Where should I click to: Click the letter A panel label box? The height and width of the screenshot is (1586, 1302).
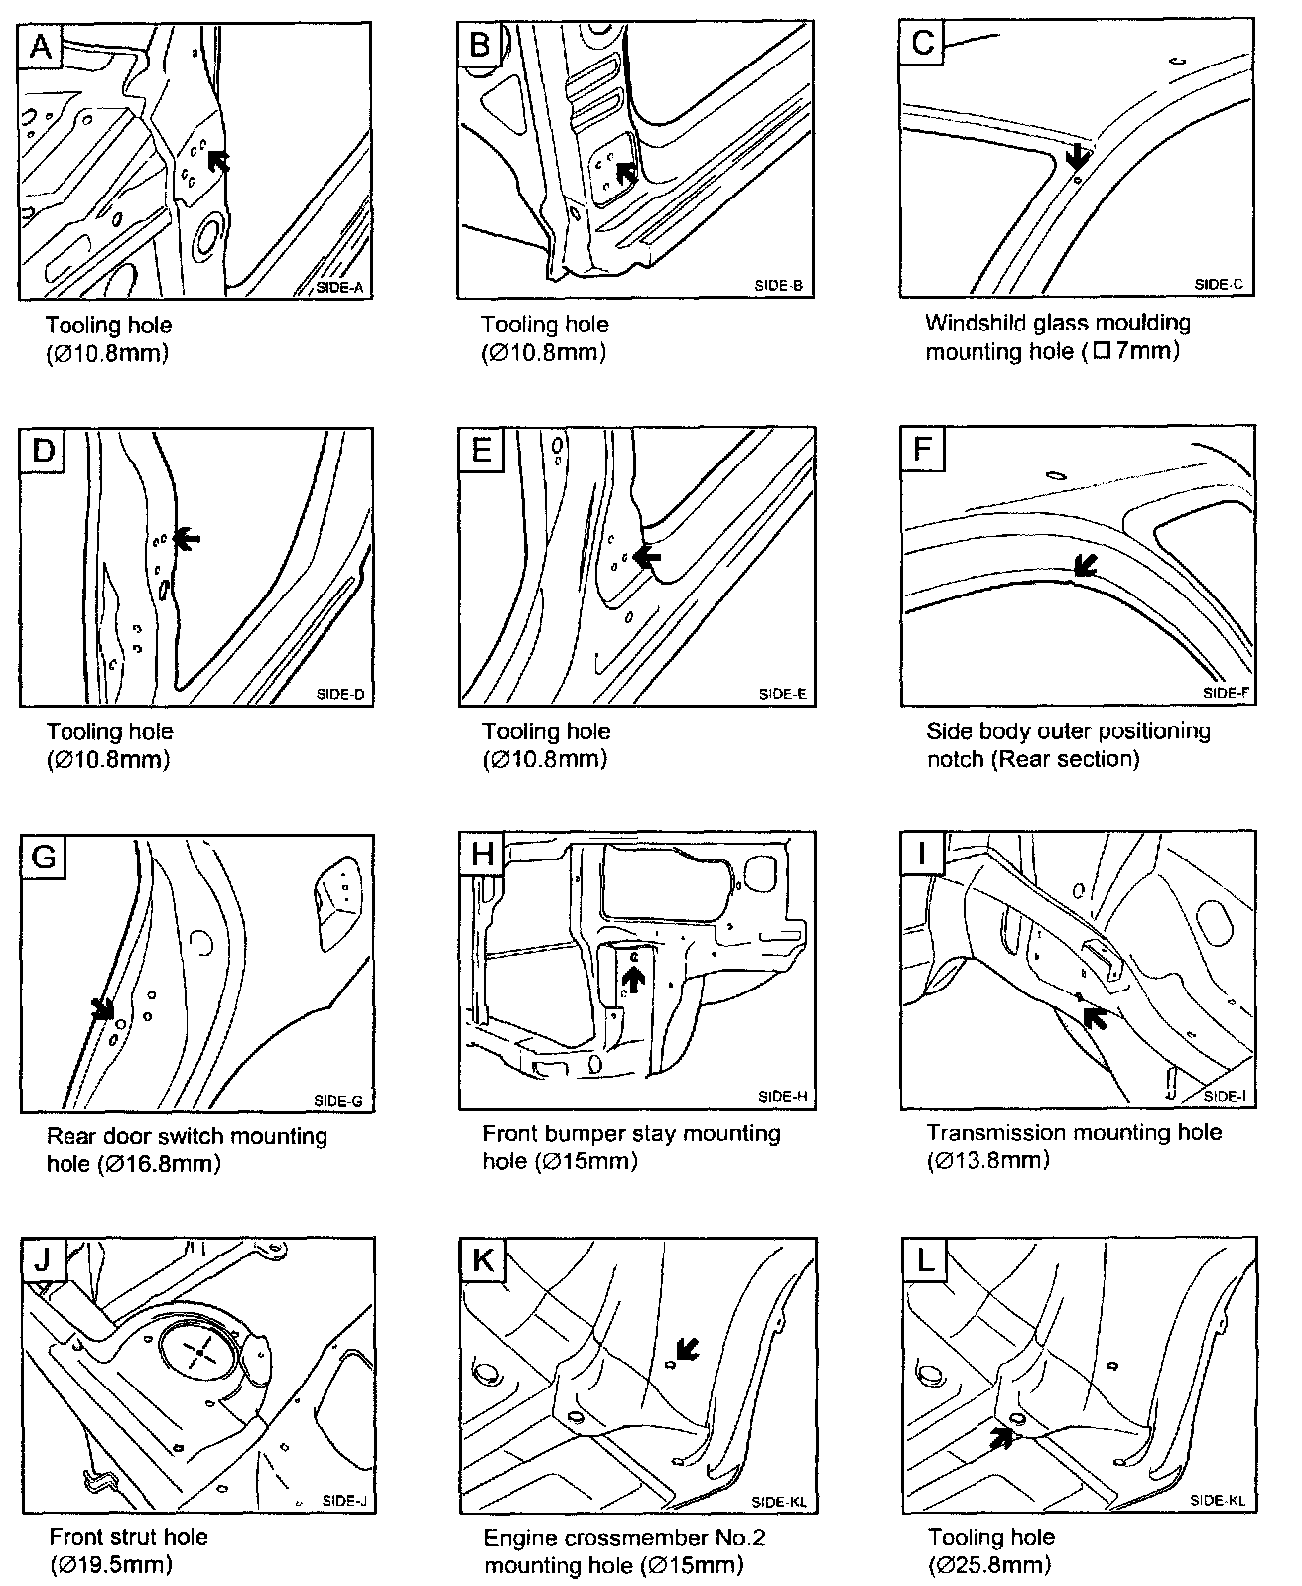pos(41,46)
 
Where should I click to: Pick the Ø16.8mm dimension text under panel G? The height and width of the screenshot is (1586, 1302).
pos(160,1163)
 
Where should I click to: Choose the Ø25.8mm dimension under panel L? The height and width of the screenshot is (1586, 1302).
pos(989,1565)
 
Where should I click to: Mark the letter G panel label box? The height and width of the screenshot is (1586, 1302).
pos(43,855)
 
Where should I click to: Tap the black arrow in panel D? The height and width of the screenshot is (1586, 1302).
pos(186,538)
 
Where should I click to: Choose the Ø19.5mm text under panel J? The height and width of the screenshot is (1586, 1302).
pos(111,1565)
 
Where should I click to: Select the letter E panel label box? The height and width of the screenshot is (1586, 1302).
pos(481,450)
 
